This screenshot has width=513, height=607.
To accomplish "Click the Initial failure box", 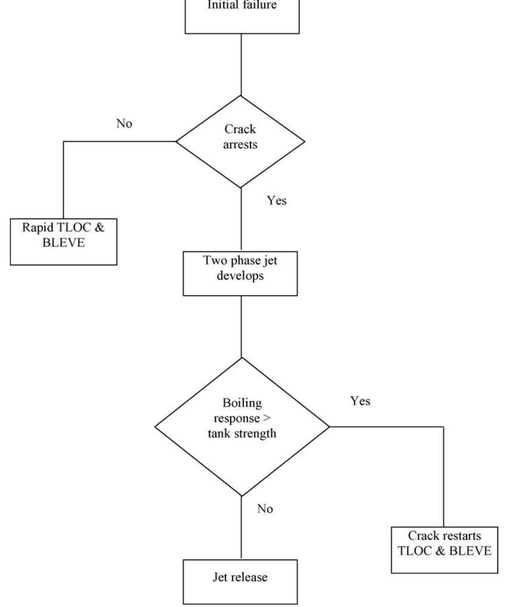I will point(242,16).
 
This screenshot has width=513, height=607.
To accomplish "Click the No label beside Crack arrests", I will point(124,124).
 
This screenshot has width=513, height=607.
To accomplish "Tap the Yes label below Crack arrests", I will point(277,201).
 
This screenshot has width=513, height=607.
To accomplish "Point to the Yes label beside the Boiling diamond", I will point(360,401).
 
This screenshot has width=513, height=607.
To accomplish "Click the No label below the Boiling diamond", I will point(265,509).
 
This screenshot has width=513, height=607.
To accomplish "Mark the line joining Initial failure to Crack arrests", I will point(241,64).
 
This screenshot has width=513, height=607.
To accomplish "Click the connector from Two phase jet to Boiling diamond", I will point(241,326).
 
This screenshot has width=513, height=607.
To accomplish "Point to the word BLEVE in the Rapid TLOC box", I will point(63,243).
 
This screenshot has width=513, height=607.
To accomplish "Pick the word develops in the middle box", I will point(240,276).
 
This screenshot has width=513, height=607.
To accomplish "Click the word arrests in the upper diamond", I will point(240,145).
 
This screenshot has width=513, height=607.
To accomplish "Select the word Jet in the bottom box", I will point(219,577).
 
